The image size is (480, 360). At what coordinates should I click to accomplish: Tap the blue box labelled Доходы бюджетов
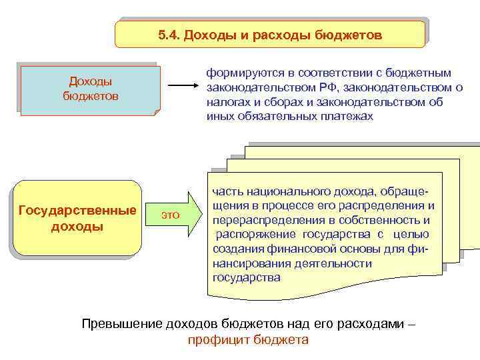91,89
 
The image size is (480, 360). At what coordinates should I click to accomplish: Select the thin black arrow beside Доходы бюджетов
183,87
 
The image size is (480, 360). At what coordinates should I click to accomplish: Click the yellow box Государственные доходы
77,219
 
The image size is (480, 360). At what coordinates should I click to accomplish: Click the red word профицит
215,339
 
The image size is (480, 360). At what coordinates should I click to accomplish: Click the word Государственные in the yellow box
77,211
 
